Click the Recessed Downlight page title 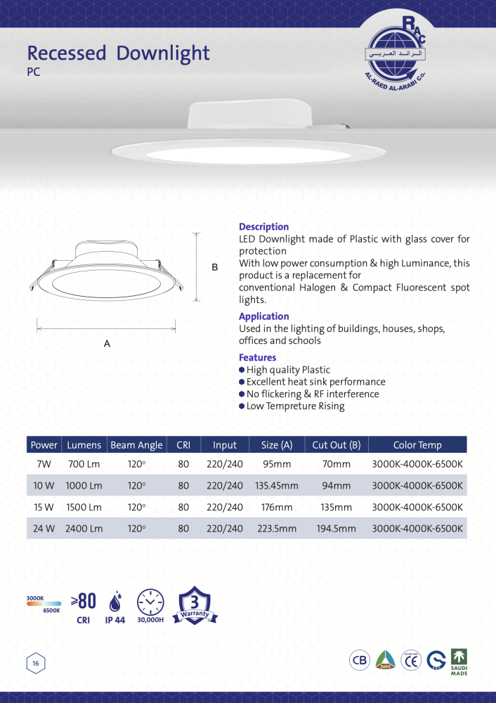118,53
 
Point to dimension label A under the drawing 107,344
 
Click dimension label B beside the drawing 215,267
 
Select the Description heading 263,227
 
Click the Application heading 263,316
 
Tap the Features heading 257,358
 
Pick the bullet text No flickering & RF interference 313,394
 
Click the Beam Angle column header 136,445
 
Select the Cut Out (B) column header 337,445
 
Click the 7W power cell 44,465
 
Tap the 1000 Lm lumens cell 84,486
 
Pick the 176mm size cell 277,507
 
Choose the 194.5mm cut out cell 337,529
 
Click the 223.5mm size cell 277,529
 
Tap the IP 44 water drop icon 115,602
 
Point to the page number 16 35,662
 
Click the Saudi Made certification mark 459,661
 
